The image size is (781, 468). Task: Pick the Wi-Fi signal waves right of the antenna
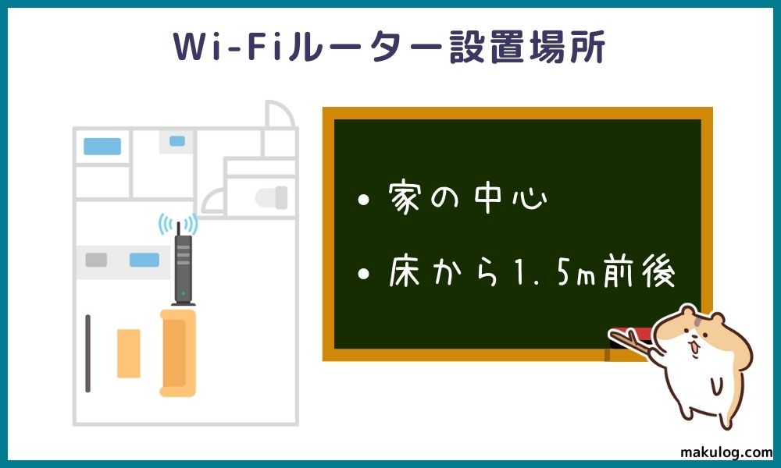tap(192, 225)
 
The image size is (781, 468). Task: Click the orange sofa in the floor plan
tap(177, 352)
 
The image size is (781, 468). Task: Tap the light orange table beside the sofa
tap(129, 353)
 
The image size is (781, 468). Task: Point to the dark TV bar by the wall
tap(87, 353)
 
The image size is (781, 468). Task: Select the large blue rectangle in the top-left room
tap(102, 147)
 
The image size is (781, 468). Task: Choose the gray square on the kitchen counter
tap(96, 260)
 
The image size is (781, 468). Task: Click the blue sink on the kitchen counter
tap(144, 260)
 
